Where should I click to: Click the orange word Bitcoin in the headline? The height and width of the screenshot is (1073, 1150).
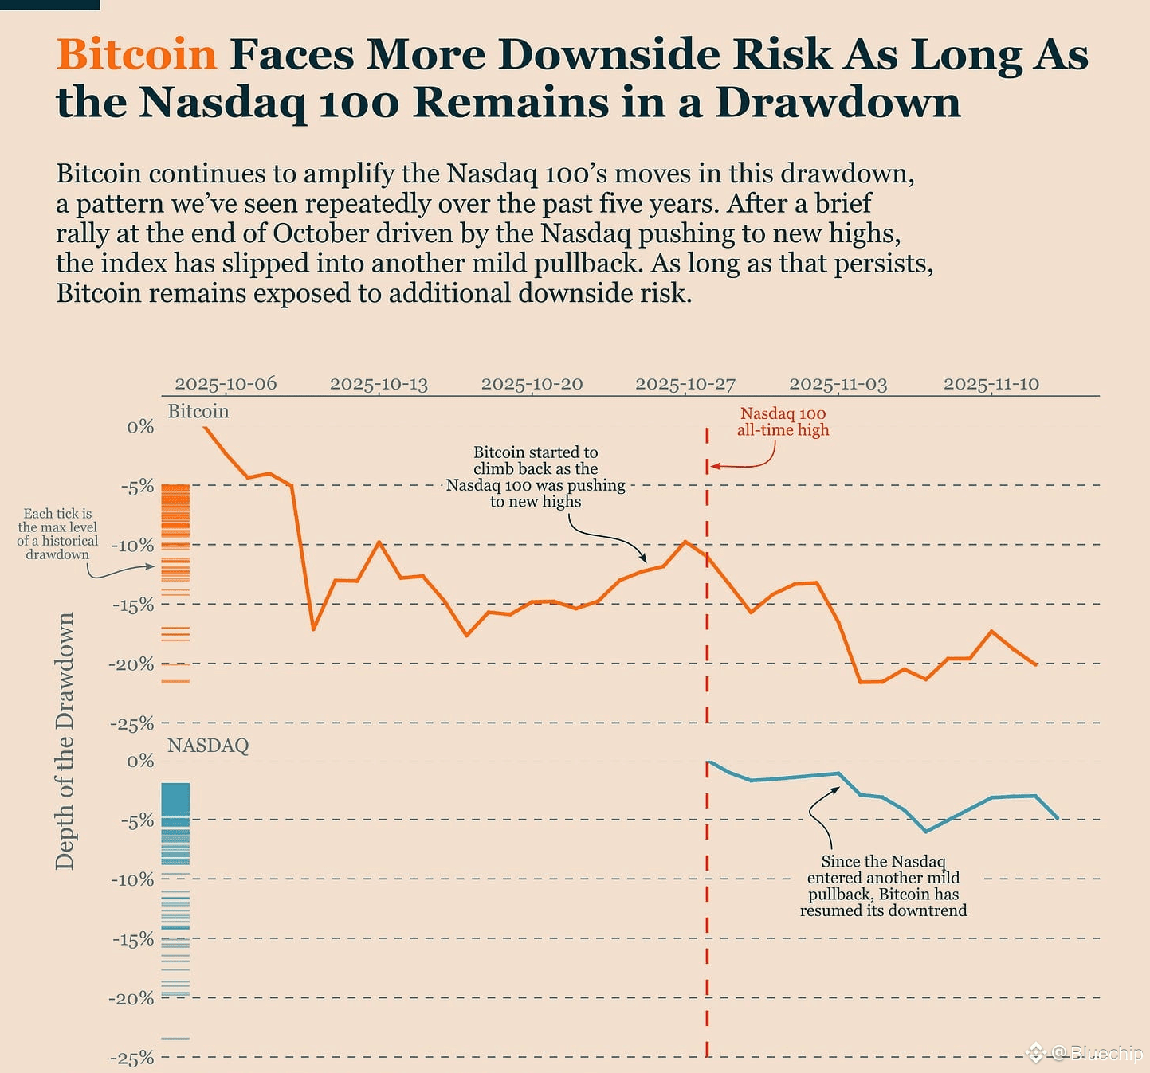click(136, 54)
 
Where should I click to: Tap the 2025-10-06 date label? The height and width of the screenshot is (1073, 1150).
click(226, 384)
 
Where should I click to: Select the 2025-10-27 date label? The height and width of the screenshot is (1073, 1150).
click(685, 384)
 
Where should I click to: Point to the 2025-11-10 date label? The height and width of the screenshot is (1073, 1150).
click(991, 384)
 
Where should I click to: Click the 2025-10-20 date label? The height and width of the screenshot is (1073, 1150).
click(532, 384)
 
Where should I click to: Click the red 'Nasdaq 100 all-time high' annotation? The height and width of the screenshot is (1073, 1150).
click(783, 421)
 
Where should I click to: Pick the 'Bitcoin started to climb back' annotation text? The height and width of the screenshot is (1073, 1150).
click(536, 476)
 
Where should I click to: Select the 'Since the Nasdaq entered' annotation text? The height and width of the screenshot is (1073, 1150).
click(883, 886)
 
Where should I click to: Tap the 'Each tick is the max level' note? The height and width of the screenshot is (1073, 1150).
click(57, 534)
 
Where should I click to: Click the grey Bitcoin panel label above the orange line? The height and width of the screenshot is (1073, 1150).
click(198, 411)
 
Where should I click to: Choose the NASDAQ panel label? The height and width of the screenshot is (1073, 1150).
click(208, 746)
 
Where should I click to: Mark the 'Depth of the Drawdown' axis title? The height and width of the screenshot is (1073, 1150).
click(65, 741)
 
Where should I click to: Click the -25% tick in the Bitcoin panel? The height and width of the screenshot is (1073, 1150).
click(132, 724)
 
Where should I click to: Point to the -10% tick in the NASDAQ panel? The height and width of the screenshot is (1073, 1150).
click(132, 880)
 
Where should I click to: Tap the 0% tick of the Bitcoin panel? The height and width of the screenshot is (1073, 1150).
click(140, 427)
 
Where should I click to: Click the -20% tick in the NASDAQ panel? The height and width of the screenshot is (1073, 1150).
click(132, 999)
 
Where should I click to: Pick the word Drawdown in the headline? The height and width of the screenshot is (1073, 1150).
click(838, 102)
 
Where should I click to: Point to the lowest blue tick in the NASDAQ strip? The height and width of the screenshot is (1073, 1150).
click(175, 1039)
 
